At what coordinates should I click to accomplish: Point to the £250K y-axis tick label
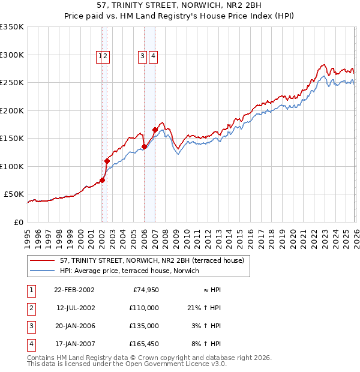click(12, 83)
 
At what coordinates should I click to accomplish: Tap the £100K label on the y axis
click(12, 166)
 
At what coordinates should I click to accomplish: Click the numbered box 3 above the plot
click(143, 56)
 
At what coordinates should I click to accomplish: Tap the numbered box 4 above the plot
click(154, 56)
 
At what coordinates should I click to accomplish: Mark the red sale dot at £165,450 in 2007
click(155, 130)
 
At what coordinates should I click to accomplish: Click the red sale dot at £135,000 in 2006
click(145, 146)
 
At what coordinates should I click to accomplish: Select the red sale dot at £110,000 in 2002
click(107, 161)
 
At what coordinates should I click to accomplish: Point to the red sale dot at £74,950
click(103, 180)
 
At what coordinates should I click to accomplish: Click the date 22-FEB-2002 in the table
click(74, 290)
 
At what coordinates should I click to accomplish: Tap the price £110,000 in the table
click(144, 308)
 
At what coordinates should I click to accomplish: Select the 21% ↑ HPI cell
click(204, 308)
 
